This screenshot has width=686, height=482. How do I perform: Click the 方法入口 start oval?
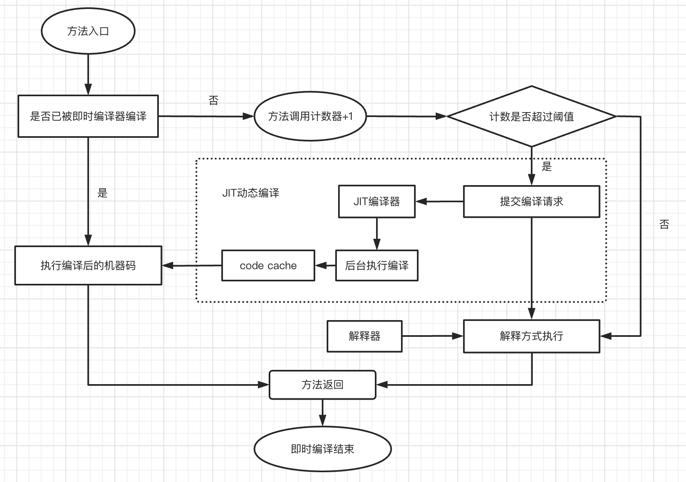[88, 31]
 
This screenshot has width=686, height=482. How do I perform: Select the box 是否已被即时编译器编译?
[88, 116]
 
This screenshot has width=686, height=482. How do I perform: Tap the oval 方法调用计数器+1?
[310, 116]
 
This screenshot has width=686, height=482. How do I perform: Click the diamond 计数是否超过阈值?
[531, 116]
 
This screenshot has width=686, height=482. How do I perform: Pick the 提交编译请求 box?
[531, 201]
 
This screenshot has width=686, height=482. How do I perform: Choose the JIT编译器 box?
[376, 201]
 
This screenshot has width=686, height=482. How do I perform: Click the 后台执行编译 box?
[376, 265]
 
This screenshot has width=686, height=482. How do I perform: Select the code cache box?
[268, 265]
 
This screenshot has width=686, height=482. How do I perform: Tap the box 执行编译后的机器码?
[88, 265]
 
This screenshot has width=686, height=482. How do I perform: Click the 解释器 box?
[364, 336]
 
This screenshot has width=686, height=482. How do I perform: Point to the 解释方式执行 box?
[531, 336]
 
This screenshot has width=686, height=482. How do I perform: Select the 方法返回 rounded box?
[322, 385]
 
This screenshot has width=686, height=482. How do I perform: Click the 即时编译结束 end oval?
[322, 449]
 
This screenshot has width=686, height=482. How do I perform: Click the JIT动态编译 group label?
[250, 193]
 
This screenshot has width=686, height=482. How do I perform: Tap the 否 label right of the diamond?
[664, 224]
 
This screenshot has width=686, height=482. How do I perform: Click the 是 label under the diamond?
[546, 166]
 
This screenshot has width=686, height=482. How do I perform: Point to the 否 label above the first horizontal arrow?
[214, 100]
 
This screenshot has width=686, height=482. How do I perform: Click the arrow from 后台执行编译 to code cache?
[325, 266]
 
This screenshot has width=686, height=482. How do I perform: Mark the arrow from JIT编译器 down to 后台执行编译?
[376, 234]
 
